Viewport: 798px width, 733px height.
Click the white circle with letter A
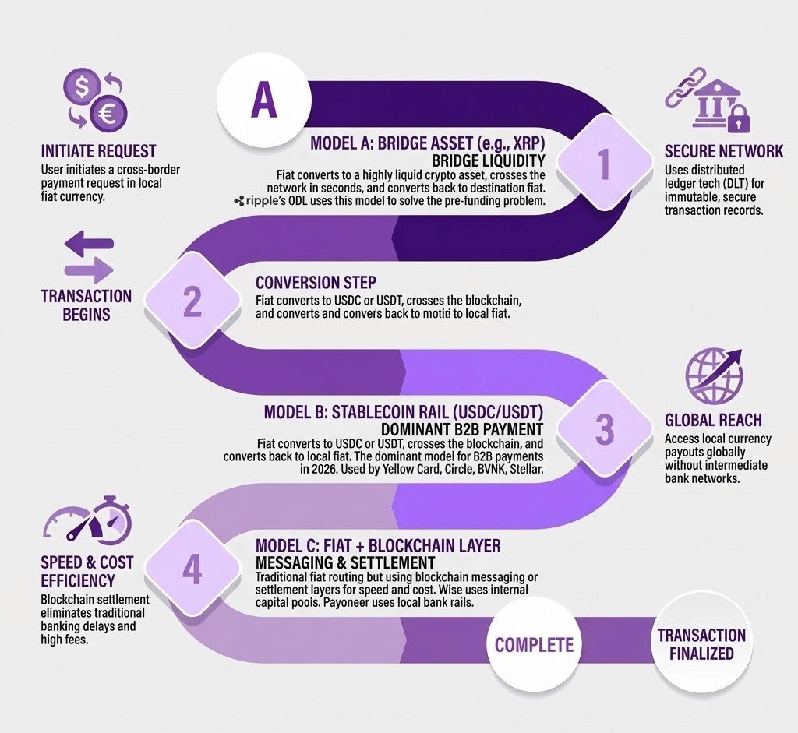pos(263,103)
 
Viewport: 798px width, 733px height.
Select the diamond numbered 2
pos(192,302)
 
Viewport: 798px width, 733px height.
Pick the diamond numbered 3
pos(603,429)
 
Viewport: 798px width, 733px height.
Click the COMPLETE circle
pos(534,644)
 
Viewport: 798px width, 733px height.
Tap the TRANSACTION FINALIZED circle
pos(701,643)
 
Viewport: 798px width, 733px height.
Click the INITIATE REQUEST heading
pos(98,151)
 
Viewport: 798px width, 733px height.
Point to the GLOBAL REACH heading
pos(713,421)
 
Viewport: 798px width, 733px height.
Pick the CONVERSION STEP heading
pos(316,282)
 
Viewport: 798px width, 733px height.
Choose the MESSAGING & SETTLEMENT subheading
pos(345,562)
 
